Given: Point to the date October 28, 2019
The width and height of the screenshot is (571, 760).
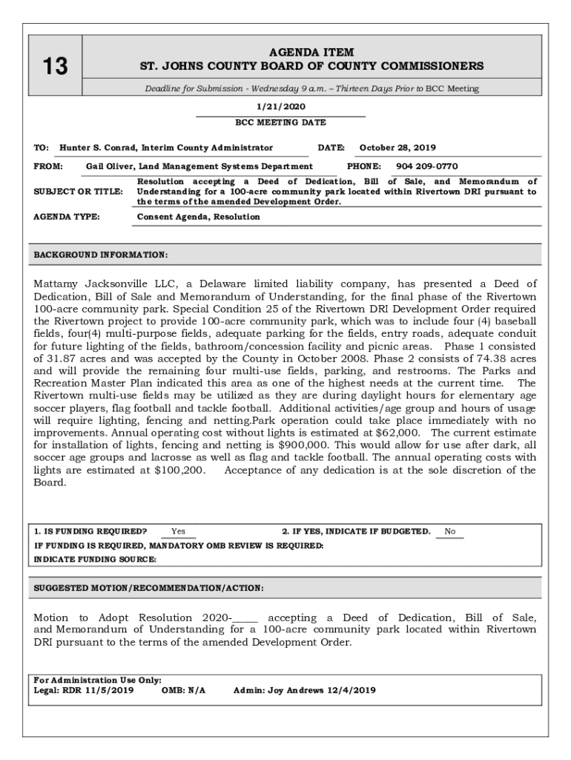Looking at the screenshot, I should click(397, 148).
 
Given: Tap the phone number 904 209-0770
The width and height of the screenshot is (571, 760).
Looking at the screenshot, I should click(426, 166).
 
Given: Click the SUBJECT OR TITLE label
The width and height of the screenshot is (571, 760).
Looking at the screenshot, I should click(79, 191).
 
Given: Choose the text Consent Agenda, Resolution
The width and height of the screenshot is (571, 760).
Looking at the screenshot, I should click(199, 217).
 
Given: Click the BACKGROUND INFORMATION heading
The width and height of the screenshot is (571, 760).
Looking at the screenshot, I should click(101, 255).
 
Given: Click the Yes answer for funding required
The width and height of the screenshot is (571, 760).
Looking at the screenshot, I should click(179, 531).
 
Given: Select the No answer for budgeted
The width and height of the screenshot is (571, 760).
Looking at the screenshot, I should click(449, 531).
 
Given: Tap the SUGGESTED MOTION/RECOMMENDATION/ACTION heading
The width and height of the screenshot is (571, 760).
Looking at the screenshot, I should click(148, 588).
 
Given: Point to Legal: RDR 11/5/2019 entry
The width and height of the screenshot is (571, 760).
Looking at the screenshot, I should click(84, 690).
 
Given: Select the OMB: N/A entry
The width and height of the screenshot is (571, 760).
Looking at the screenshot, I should click(183, 690).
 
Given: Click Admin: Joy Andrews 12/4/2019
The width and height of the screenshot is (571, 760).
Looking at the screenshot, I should click(304, 690).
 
